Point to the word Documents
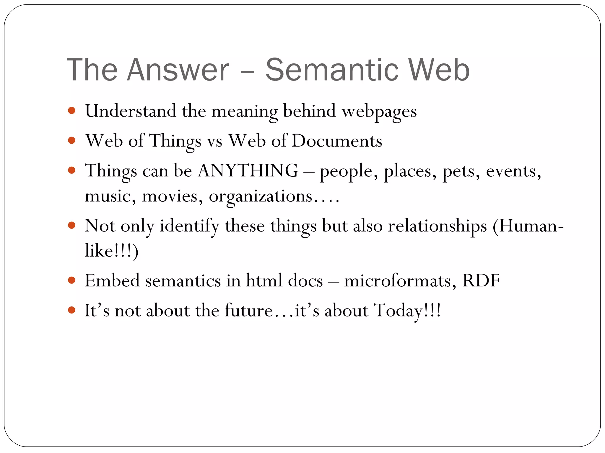(x=337, y=141)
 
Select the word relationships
(x=437, y=226)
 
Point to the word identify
(x=189, y=226)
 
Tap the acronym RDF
(x=481, y=280)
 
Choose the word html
(x=264, y=280)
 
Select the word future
(x=248, y=311)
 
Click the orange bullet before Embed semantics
(x=71, y=280)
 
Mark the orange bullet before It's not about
(x=71, y=310)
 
